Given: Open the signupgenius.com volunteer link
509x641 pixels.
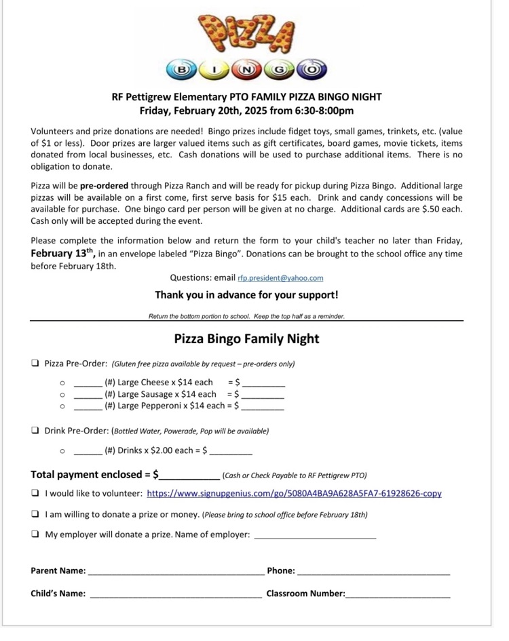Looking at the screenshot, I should pyautogui.click(x=294, y=494).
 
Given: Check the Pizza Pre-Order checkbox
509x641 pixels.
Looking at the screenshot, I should pyautogui.click(x=35, y=364).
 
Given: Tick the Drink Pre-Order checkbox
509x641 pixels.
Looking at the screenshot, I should pyautogui.click(x=35, y=431).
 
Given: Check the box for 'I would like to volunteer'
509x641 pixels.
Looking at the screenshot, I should pyautogui.click(x=35, y=494).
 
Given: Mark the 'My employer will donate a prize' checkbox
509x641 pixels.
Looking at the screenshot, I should pyautogui.click(x=35, y=535).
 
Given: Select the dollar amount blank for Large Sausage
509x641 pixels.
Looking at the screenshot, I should pyautogui.click(x=263, y=396).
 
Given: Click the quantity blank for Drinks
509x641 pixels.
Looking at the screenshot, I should pyautogui.click(x=88, y=451).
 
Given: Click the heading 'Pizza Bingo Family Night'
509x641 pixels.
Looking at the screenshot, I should pyautogui.click(x=246, y=338).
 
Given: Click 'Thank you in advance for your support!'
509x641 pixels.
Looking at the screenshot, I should pyautogui.click(x=246, y=295).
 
